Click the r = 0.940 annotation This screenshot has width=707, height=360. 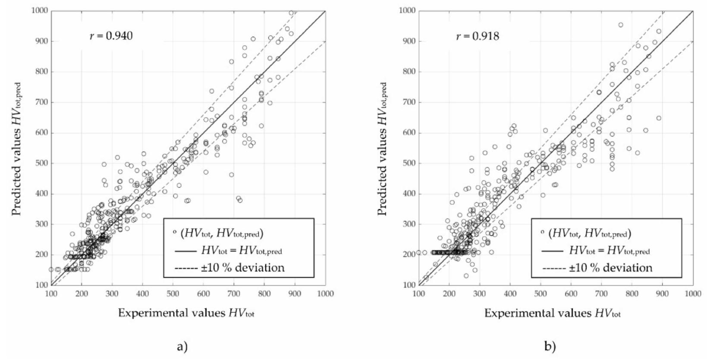111,36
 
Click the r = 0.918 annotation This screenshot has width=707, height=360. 478,36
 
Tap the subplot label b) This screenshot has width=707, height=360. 550,346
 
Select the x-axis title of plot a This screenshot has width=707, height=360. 186,313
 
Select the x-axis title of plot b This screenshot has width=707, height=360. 553,313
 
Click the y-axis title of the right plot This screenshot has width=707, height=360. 383,149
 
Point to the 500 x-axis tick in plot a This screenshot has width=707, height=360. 173,294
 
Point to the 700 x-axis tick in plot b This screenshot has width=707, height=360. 602,294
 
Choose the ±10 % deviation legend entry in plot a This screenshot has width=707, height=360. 229,268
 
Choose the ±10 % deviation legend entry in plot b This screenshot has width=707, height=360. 597,268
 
